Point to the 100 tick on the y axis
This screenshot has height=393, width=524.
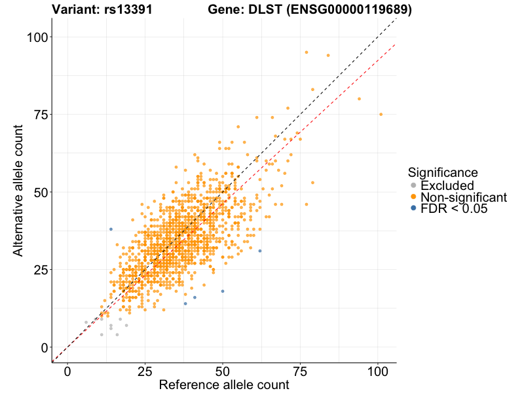[x=38, y=37]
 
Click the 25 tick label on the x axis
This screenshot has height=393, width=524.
[x=145, y=370]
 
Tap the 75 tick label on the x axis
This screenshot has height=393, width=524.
[x=300, y=370]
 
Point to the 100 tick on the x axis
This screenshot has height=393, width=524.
[x=378, y=370]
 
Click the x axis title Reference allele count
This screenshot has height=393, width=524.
[x=224, y=384]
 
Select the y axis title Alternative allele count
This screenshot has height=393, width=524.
[x=18, y=193]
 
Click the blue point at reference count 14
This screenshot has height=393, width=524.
[x=111, y=229]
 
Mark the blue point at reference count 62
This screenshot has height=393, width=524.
[x=260, y=251]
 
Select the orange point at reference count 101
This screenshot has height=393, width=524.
[x=381, y=114]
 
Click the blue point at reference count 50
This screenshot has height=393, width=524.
[x=223, y=291]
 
